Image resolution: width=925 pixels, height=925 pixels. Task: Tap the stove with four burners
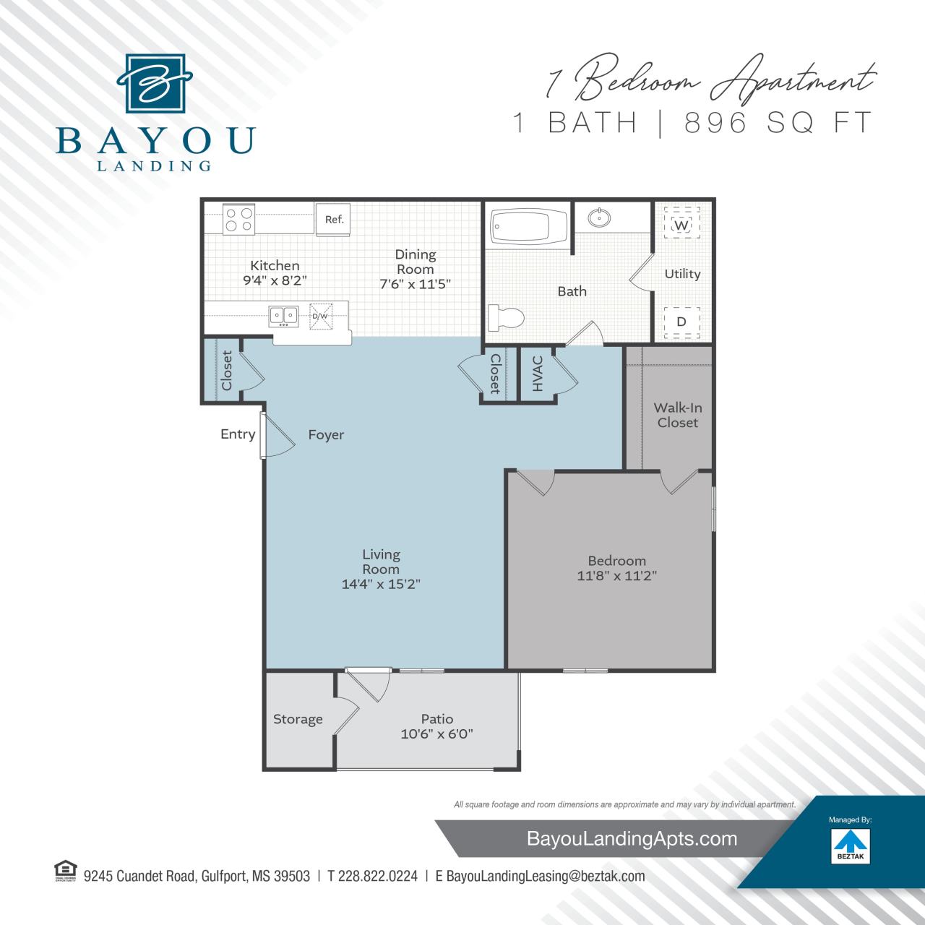tap(238, 218)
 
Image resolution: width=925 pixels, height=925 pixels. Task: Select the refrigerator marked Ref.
tap(334, 219)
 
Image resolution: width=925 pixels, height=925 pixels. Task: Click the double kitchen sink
tap(284, 315)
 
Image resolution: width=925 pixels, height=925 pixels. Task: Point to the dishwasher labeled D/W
tap(319, 316)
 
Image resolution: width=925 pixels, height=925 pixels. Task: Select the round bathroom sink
tap(598, 217)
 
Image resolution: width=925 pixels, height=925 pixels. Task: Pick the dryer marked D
tap(681, 321)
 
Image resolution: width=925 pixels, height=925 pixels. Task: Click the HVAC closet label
tap(538, 374)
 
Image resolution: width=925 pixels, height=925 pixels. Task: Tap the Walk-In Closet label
tap(677, 416)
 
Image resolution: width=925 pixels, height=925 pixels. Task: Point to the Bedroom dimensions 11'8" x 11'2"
tap(616, 576)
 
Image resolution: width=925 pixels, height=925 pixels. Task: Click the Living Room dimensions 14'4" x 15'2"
tap(381, 584)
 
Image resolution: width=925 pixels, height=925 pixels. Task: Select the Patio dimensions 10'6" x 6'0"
tap(437, 734)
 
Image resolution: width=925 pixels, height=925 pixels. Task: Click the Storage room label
tap(298, 719)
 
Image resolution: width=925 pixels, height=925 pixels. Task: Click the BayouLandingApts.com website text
tap(632, 838)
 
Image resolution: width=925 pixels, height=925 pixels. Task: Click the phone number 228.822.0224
tap(372, 876)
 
